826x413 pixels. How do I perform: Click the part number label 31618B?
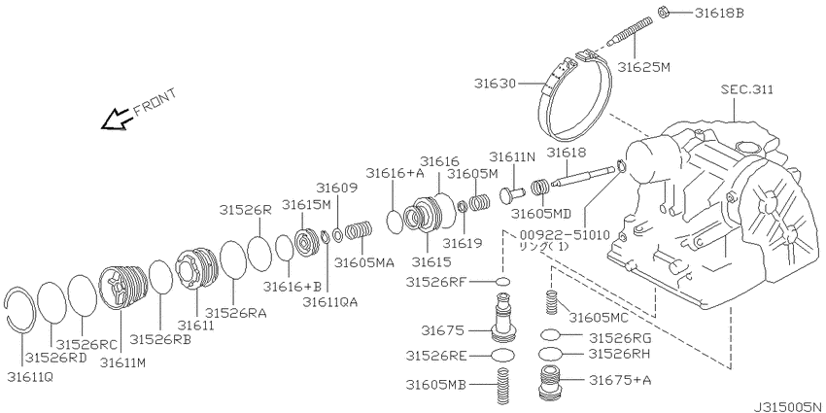click(x=719, y=14)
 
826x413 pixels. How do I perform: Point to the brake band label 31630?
click(x=492, y=84)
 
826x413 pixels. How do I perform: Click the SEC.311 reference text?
click(x=747, y=89)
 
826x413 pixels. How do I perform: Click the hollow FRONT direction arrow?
click(x=117, y=119)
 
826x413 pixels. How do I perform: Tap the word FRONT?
click(x=155, y=102)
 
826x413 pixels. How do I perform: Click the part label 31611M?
click(x=122, y=363)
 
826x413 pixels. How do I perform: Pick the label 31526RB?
click(x=160, y=340)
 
